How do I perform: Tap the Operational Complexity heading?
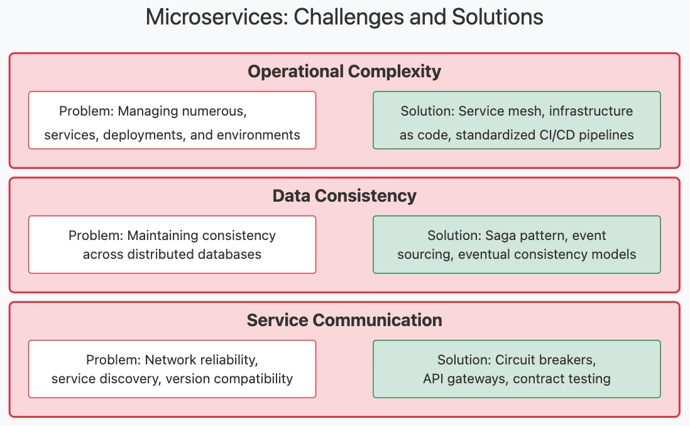[x=344, y=72]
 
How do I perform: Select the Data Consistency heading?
[x=344, y=196]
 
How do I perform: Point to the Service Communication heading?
[x=344, y=320]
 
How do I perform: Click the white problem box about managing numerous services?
[x=172, y=120]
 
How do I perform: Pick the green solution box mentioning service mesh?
[x=517, y=120]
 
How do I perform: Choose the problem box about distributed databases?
[x=172, y=244]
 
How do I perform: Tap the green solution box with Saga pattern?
[x=517, y=244]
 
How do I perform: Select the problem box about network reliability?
[x=172, y=369]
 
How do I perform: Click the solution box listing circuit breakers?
[x=517, y=369]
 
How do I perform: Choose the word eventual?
[x=482, y=254]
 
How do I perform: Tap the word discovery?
[x=131, y=379]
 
